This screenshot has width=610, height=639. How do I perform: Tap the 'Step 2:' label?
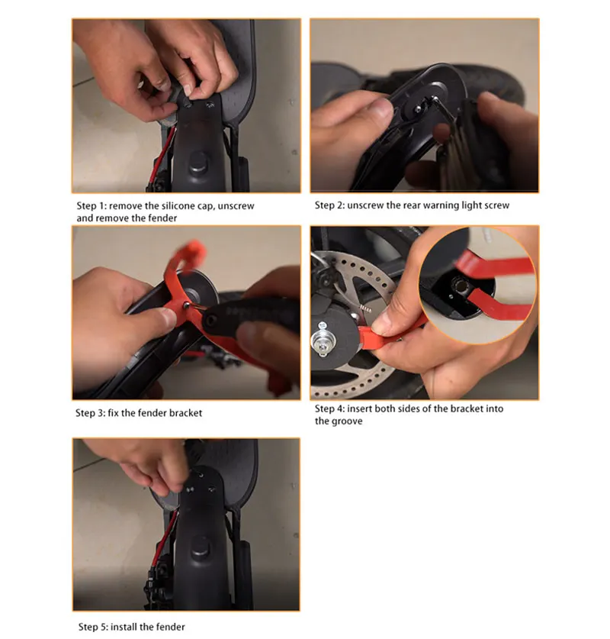pos(329,205)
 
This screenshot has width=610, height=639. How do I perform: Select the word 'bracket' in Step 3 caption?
pos(185,413)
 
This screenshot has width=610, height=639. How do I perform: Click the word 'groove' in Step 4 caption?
pos(347,421)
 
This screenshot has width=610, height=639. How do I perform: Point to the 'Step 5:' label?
pos(93,627)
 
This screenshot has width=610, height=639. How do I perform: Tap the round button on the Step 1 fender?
pos(198,161)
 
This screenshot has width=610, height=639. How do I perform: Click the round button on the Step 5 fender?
pos(201,547)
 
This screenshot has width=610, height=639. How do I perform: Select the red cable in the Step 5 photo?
pos(165,539)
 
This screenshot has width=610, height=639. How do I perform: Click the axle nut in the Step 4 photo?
pos(323,340)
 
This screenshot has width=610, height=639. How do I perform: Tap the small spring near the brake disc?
pos(365,308)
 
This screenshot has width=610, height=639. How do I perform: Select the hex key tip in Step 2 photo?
pos(435,98)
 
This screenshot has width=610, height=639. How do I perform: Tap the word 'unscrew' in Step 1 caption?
pos(236,206)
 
